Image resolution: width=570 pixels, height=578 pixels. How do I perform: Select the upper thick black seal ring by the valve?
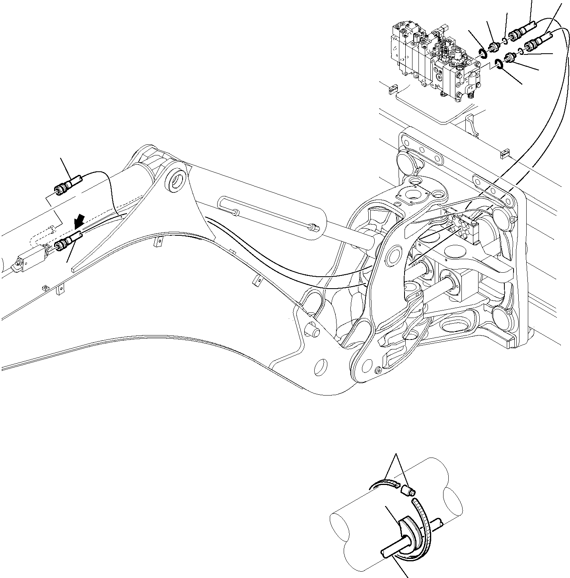click(x=482, y=53)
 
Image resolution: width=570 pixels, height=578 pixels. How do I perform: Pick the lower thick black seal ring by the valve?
click(x=498, y=64)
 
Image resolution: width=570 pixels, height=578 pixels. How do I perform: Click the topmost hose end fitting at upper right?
click(x=523, y=33)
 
